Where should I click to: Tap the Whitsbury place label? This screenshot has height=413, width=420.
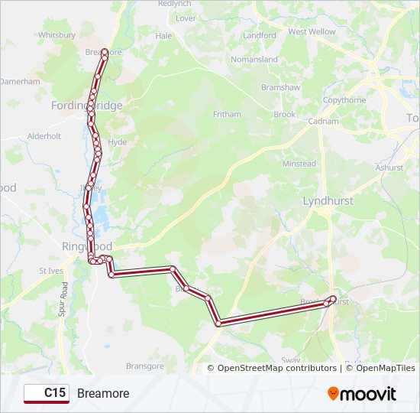pos(57,35)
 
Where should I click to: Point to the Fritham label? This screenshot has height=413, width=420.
pos(227,115)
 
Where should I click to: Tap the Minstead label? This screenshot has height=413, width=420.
pos(299,164)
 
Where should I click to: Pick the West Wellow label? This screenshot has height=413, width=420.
pos(312,32)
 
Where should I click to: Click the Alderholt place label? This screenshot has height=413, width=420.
pos(44,136)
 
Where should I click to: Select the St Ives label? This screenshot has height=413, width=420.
pos(50,271)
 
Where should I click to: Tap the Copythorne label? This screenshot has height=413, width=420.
pos(344,100)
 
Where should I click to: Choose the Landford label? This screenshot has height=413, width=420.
pos(260,35)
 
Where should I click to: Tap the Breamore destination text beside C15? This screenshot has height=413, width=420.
pos(103,393)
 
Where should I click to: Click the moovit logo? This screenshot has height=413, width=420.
pos(362,394)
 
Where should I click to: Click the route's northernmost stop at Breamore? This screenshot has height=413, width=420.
pos(105,52)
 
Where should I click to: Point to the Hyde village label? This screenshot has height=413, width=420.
pos(118,142)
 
